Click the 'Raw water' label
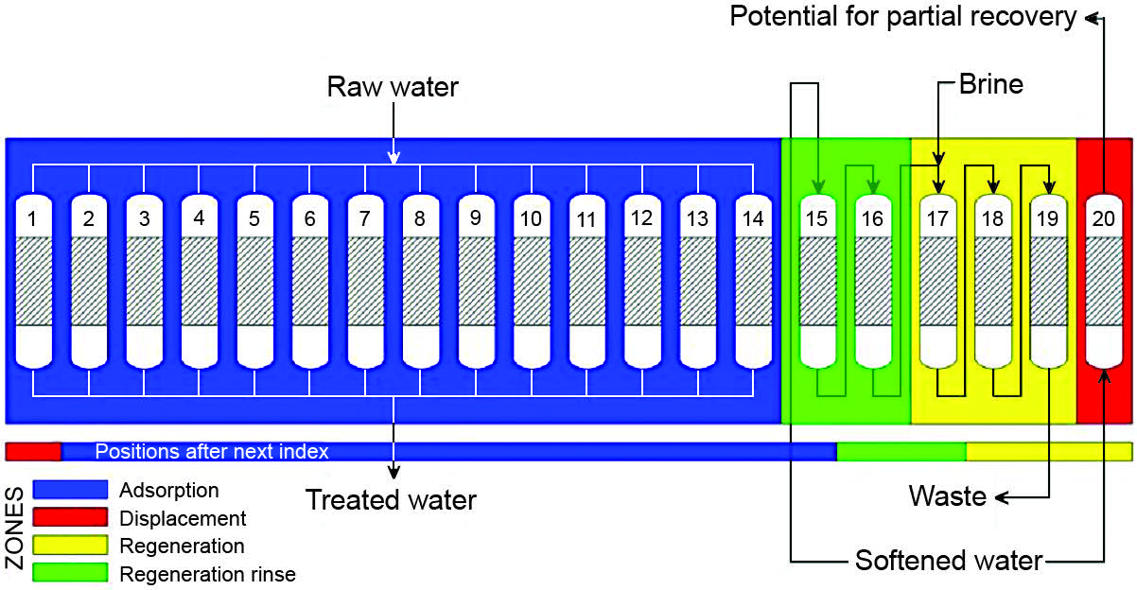(393, 88)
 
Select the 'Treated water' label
(391, 500)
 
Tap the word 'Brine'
(991, 84)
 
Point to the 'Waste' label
(948, 495)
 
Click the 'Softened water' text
(948, 561)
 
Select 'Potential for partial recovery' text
(903, 17)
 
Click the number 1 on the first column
(33, 219)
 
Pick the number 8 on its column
(420, 217)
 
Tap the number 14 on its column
(753, 217)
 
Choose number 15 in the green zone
(816, 219)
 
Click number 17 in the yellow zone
(936, 219)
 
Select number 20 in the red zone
(1103, 217)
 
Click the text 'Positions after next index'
(212, 452)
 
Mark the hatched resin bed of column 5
(254, 281)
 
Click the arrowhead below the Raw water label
(394, 155)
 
